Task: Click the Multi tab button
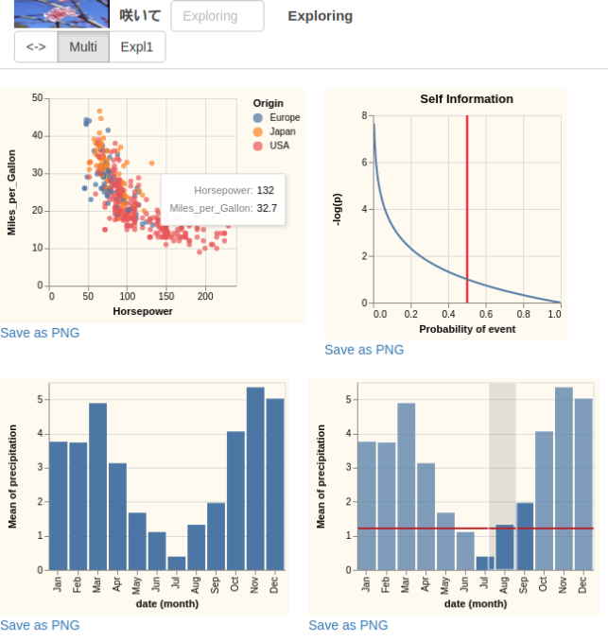(83, 47)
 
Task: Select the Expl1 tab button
(137, 47)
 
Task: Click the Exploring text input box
(217, 16)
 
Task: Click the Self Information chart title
(466, 98)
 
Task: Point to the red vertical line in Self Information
(467, 208)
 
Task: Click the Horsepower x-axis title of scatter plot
(143, 311)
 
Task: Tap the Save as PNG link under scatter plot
(40, 333)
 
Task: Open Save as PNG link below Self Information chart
(364, 350)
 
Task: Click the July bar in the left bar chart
(177, 563)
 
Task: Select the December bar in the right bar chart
(583, 483)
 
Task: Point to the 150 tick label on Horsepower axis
(166, 296)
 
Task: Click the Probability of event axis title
(467, 328)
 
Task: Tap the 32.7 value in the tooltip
(267, 208)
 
